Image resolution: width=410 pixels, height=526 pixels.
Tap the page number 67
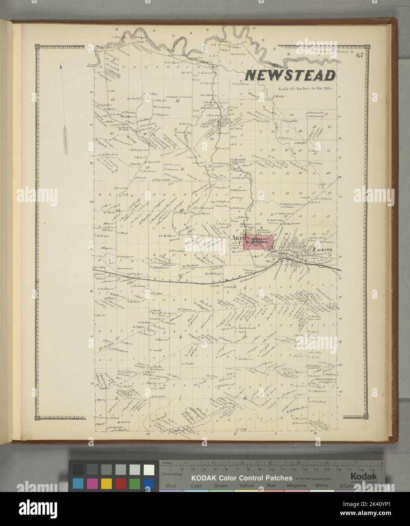tap(360, 56)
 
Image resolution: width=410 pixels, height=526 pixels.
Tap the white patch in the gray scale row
tap(149, 469)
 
